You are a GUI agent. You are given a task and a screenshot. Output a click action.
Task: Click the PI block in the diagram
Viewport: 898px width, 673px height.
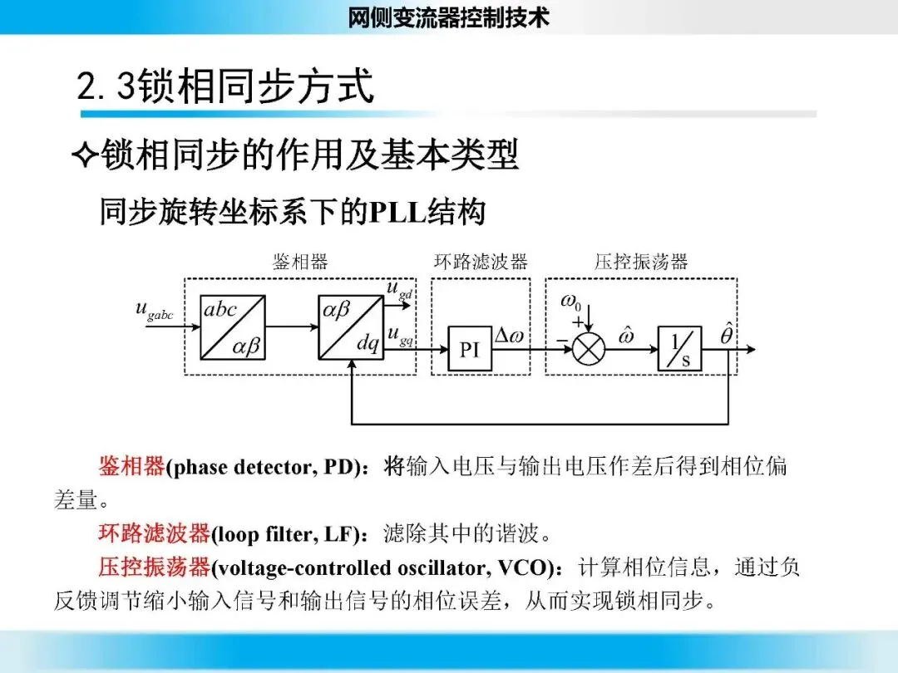coord(470,349)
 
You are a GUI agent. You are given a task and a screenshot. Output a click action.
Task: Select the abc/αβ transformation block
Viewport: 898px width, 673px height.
coord(233,327)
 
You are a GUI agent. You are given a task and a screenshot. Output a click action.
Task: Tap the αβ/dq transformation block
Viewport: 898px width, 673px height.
coord(351,327)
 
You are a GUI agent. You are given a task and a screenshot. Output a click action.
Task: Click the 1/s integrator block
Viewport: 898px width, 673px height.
coord(680,349)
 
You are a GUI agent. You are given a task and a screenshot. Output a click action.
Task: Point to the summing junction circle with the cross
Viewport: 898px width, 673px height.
coord(589,349)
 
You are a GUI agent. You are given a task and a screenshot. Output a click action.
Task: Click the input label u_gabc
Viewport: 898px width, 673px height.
coord(155,310)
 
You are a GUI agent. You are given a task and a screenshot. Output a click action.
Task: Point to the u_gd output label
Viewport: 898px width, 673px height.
coord(399,289)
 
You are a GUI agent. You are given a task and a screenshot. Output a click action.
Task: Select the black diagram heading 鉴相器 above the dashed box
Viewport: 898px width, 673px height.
coord(300,262)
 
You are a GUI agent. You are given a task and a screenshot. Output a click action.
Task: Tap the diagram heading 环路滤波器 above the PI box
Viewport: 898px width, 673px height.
coord(481,262)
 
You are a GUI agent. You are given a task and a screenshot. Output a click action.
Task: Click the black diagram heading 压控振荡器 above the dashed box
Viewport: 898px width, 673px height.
coord(641,262)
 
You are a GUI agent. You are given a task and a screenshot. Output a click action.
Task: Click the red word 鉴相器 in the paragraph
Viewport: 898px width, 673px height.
coord(132,466)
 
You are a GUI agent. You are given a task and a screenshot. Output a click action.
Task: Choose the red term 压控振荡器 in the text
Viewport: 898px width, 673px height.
coord(154,567)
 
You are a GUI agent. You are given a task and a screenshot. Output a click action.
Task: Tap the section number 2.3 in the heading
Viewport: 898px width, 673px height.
coord(106,87)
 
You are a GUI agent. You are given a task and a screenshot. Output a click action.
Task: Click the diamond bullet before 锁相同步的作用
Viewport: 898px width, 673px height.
coord(85,155)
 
